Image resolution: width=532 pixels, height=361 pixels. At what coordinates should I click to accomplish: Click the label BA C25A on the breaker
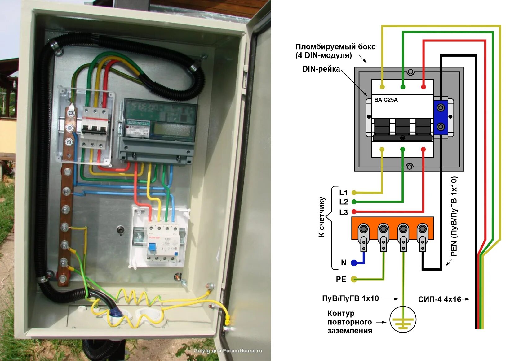[x=386, y=100]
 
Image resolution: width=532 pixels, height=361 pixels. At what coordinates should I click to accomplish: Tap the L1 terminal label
[x=344, y=193]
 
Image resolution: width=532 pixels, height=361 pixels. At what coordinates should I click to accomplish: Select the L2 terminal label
[x=344, y=202]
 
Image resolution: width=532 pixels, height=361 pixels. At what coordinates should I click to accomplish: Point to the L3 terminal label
[x=344, y=212]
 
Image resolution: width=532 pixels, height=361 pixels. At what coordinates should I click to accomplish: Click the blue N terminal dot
[x=354, y=263]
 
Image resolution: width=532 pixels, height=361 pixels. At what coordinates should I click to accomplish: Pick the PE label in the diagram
[x=341, y=279]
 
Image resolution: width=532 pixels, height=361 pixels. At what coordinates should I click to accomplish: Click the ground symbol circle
[x=403, y=320]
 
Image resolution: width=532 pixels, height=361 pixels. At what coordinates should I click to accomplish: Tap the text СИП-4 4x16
[x=439, y=299]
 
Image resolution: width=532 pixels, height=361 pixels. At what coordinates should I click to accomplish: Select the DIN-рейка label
[x=321, y=69]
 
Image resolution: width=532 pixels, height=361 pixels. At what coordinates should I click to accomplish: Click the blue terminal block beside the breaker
[x=441, y=117]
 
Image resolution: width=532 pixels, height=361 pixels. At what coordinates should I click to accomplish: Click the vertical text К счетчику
[x=322, y=217]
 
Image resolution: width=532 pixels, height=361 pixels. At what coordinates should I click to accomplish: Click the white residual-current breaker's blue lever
[x=152, y=247]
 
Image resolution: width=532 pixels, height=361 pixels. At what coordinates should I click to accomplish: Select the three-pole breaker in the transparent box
[x=95, y=127]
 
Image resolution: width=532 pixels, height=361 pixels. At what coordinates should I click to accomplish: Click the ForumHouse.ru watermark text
[x=228, y=351]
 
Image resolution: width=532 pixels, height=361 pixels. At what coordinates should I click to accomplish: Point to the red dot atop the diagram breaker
[x=423, y=87]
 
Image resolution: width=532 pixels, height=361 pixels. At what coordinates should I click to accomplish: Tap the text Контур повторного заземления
[x=350, y=322]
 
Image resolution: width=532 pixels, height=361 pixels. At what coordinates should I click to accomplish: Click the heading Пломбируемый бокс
[x=335, y=47]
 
